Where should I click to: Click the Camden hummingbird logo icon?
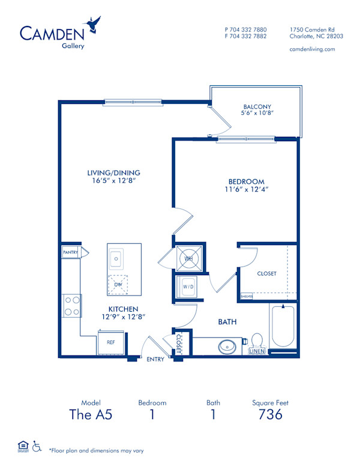pyautogui.click(x=94, y=25)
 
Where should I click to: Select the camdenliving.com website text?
pyautogui.click(x=312, y=49)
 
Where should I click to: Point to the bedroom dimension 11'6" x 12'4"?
pyautogui.click(x=246, y=190)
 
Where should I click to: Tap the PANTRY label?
pyautogui.click(x=71, y=253)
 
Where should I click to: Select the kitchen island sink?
pyautogui.click(x=116, y=259)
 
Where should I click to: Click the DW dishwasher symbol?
pyautogui.click(x=118, y=285)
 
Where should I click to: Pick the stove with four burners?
pyautogui.click(x=72, y=306)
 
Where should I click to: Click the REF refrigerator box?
pyautogui.click(x=111, y=342)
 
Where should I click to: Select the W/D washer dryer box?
pyautogui.click(x=188, y=287)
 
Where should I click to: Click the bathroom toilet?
pyautogui.click(x=257, y=342)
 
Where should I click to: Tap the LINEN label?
pyautogui.click(x=257, y=351)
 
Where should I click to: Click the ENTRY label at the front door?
pyautogui.click(x=155, y=359)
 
